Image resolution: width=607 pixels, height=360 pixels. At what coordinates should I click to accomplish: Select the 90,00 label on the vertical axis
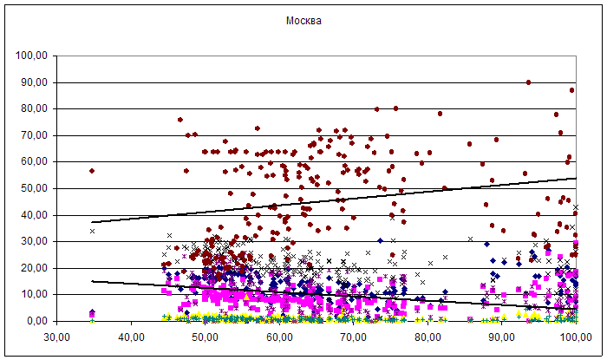tap(32, 82)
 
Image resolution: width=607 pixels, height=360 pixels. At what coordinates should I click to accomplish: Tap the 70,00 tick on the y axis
tap(32, 135)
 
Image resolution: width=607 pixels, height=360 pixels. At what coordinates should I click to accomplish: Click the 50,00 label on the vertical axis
tap(32, 188)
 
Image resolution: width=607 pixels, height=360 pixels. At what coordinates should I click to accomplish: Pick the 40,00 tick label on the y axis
tap(32, 215)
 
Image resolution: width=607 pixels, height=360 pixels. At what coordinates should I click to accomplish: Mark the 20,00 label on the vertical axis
tap(32, 268)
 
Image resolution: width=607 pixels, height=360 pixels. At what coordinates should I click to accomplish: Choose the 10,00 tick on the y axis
tap(32, 295)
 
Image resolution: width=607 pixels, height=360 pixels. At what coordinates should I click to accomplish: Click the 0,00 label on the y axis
tap(35, 321)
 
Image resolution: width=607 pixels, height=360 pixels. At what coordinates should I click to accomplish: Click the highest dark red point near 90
tap(528, 82)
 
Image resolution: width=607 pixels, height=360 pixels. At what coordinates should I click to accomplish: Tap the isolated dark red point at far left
tap(92, 171)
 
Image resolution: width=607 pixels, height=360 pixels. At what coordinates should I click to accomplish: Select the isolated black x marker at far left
tap(92, 231)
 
